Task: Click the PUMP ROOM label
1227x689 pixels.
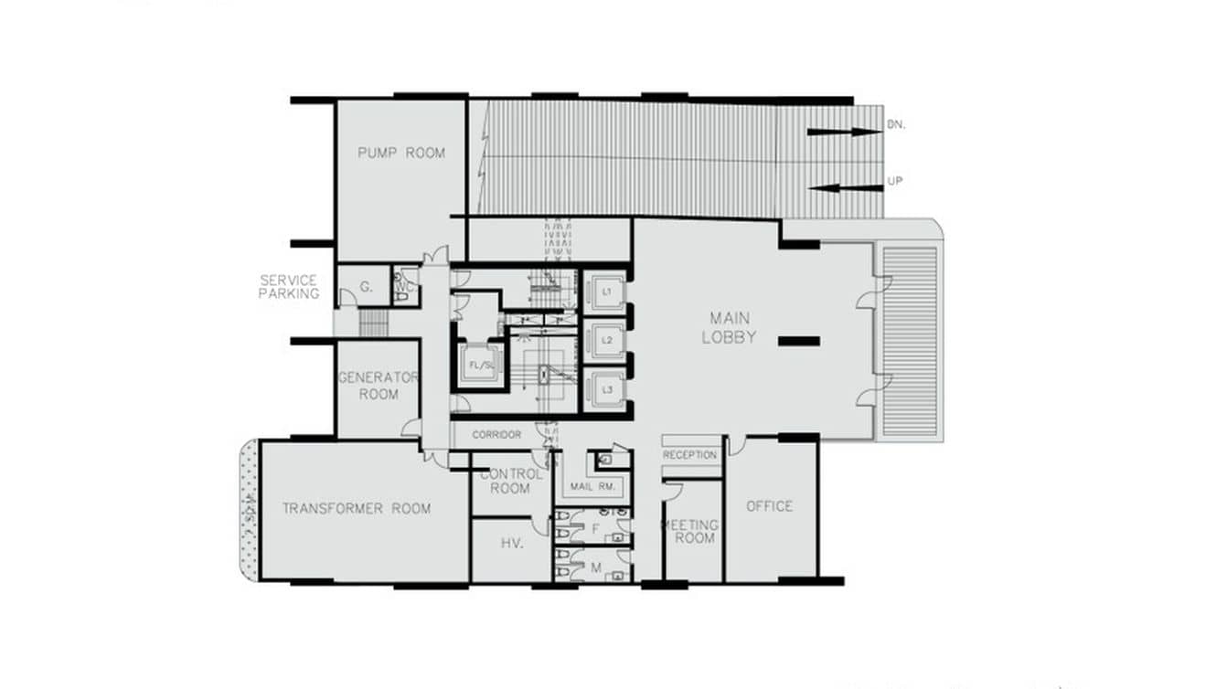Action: (x=401, y=153)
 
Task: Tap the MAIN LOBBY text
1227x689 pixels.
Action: (x=729, y=327)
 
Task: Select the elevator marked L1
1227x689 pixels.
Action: (x=606, y=292)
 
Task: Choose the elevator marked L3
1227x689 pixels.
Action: (x=606, y=390)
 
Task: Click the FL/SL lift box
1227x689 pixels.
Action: (x=481, y=366)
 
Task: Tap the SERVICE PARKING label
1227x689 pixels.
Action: (x=288, y=287)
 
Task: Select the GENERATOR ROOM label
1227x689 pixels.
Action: (x=379, y=386)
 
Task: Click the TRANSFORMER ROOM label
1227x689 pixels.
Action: (x=356, y=508)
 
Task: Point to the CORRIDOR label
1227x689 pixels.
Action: (x=496, y=435)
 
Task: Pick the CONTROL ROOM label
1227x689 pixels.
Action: (x=510, y=482)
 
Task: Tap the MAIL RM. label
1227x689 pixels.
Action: (x=590, y=486)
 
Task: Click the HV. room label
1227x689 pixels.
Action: (x=511, y=543)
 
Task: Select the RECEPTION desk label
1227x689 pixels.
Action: (x=690, y=455)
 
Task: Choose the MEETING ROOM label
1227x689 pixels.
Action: (x=692, y=532)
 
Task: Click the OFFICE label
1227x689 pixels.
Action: (x=769, y=506)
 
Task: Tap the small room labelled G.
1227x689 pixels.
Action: (x=366, y=287)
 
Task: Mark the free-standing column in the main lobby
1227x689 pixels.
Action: (x=799, y=342)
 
